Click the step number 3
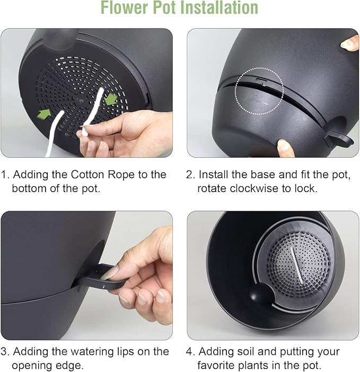coord(5,351)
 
